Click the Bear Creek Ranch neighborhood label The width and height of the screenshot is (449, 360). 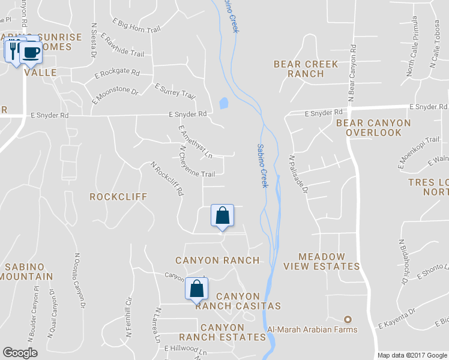click(x=306, y=69)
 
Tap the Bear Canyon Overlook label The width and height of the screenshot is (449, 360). click(x=373, y=127)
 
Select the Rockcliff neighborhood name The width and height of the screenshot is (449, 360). click(x=118, y=197)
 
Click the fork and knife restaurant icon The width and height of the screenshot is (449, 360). click(x=13, y=49)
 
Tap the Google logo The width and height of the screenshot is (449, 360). click(x=20, y=353)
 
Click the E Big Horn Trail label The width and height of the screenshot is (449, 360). click(x=136, y=25)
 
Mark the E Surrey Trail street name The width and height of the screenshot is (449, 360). click(x=175, y=91)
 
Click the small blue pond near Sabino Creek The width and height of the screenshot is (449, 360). click(x=224, y=103)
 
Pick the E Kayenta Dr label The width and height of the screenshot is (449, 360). click(x=397, y=319)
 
